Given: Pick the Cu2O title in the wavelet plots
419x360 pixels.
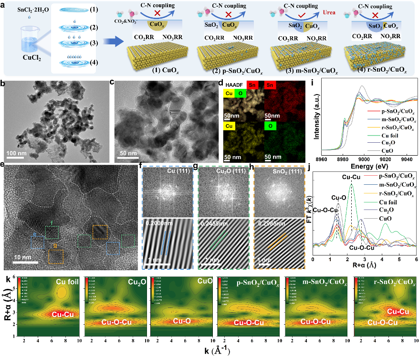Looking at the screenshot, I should pos(136,282).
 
